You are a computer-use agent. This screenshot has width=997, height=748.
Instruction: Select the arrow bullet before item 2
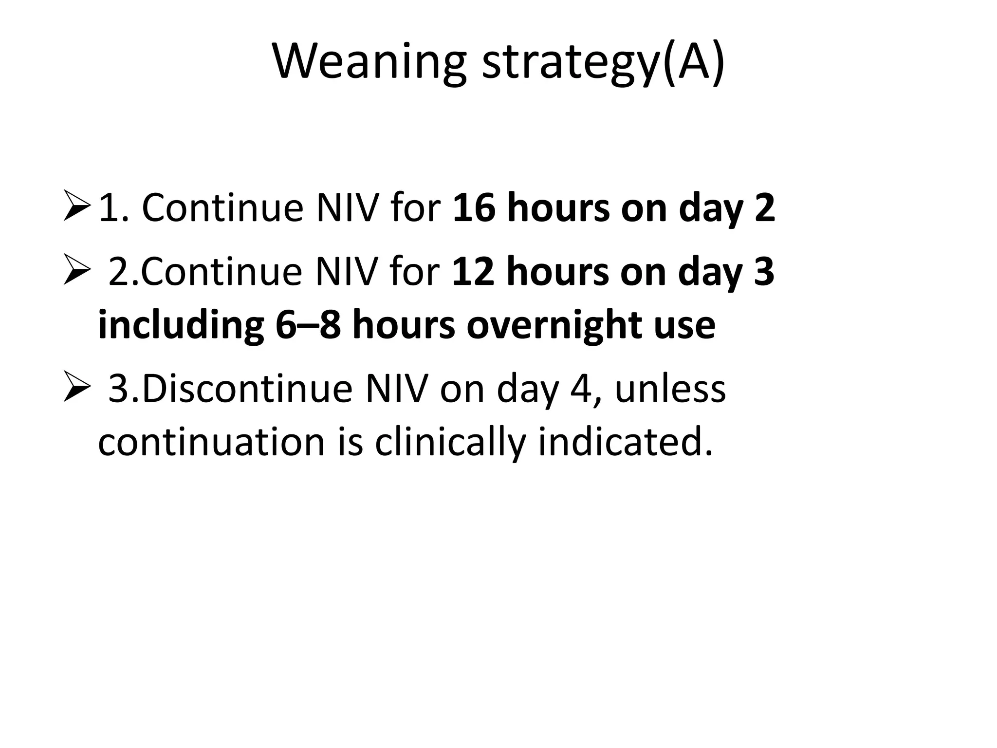click(x=77, y=271)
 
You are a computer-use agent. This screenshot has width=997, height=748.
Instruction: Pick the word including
click(x=181, y=325)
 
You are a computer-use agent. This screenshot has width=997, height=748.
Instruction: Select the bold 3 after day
click(x=763, y=271)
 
